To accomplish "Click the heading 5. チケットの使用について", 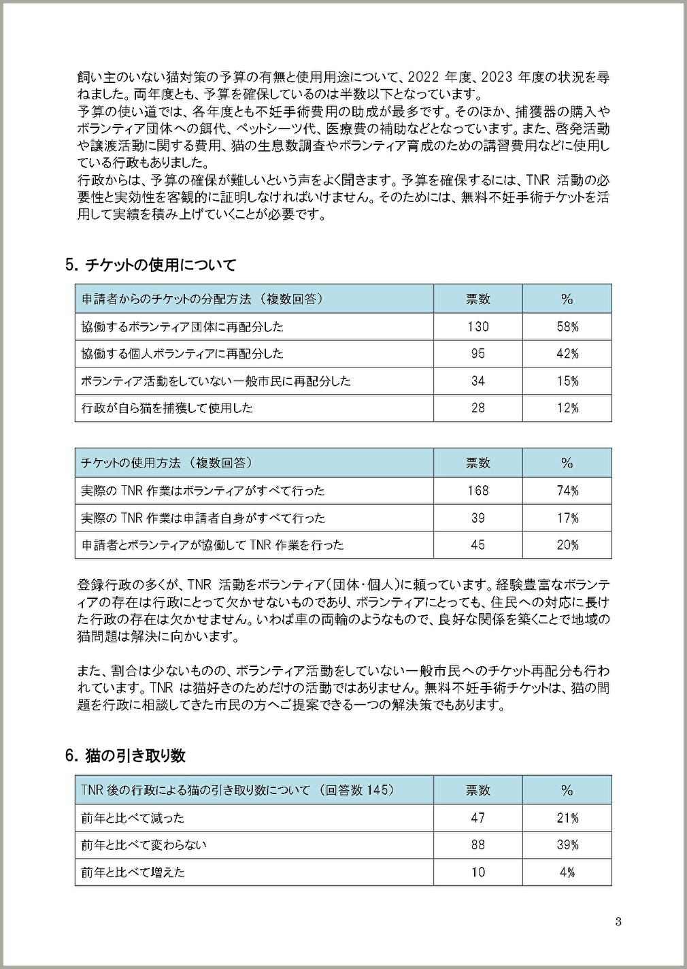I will pos(150,265).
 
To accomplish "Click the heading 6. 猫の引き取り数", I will pos(125,755).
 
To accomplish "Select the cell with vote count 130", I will pos(477,327).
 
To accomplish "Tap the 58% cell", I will pos(567,327).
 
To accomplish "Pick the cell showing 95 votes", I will pos(477,354).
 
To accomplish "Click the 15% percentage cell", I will pos(567,381).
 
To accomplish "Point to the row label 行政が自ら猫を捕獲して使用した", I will pos(167,408).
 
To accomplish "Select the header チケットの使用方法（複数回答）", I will pos(167,463).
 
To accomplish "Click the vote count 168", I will pos(477,491).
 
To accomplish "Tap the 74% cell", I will pos(567,491).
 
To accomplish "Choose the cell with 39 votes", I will pos(477,518).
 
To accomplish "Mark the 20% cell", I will pos(567,545).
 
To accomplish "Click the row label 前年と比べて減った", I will pos(133,818).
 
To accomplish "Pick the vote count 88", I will pos(477,845).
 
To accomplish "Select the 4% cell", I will pos(567,872).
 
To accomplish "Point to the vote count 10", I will pos(477,872).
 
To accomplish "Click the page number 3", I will pos(618,923).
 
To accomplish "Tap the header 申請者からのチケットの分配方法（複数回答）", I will pos(201,299).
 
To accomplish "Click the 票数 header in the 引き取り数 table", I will pos(477,790).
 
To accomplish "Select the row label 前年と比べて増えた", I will pos(133,872).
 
